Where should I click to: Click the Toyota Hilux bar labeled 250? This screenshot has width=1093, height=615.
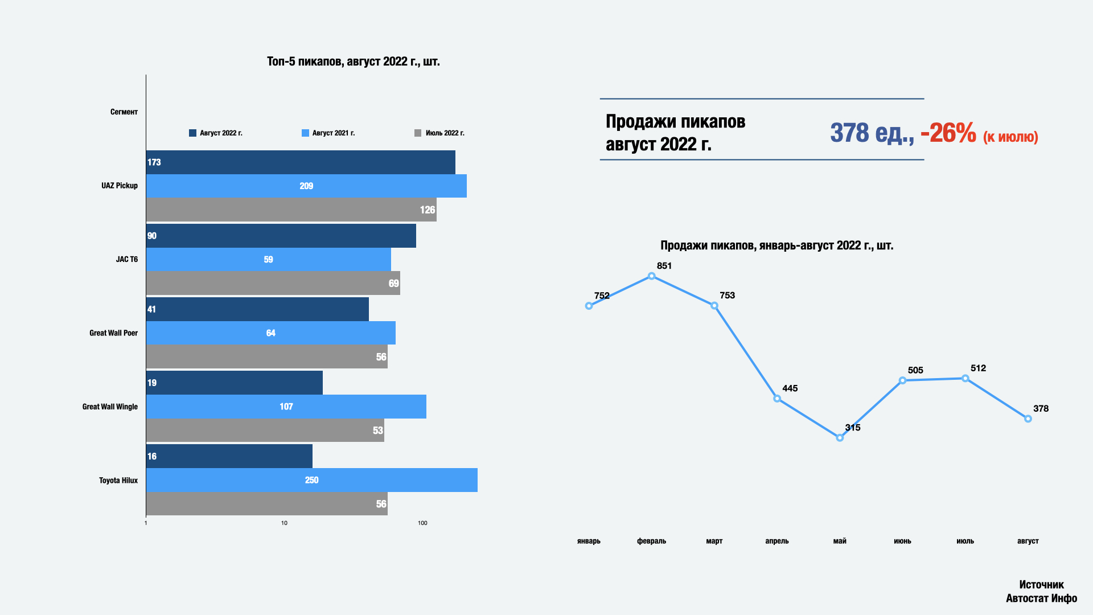(x=311, y=480)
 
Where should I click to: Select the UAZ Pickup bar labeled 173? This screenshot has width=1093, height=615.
(x=301, y=162)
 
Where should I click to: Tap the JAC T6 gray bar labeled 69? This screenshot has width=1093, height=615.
(x=273, y=283)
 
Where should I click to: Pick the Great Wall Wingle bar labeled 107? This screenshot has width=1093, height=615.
(x=286, y=407)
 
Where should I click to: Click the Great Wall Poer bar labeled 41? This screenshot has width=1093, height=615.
(x=257, y=309)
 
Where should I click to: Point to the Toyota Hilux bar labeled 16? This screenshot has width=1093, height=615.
(x=229, y=456)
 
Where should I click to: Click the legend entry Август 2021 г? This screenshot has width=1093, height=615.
(x=328, y=133)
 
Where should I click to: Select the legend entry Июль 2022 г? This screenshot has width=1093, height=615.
(x=439, y=133)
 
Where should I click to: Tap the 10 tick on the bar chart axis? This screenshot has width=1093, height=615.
(x=284, y=523)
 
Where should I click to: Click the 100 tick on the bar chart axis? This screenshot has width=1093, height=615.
(x=422, y=523)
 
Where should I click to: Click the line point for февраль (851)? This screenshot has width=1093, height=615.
(x=652, y=276)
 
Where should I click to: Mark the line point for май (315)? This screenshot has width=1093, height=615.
(x=840, y=438)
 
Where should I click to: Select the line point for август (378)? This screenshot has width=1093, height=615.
(x=1028, y=419)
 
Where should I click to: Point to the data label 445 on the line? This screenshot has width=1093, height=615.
(x=790, y=388)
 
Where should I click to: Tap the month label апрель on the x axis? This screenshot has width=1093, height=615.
(x=777, y=541)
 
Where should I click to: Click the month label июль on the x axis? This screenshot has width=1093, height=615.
(x=965, y=541)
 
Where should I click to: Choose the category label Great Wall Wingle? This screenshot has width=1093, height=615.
(x=110, y=407)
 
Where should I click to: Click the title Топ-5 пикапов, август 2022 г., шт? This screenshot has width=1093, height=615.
(x=353, y=61)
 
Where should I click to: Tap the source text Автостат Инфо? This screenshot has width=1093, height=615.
(x=1041, y=598)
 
